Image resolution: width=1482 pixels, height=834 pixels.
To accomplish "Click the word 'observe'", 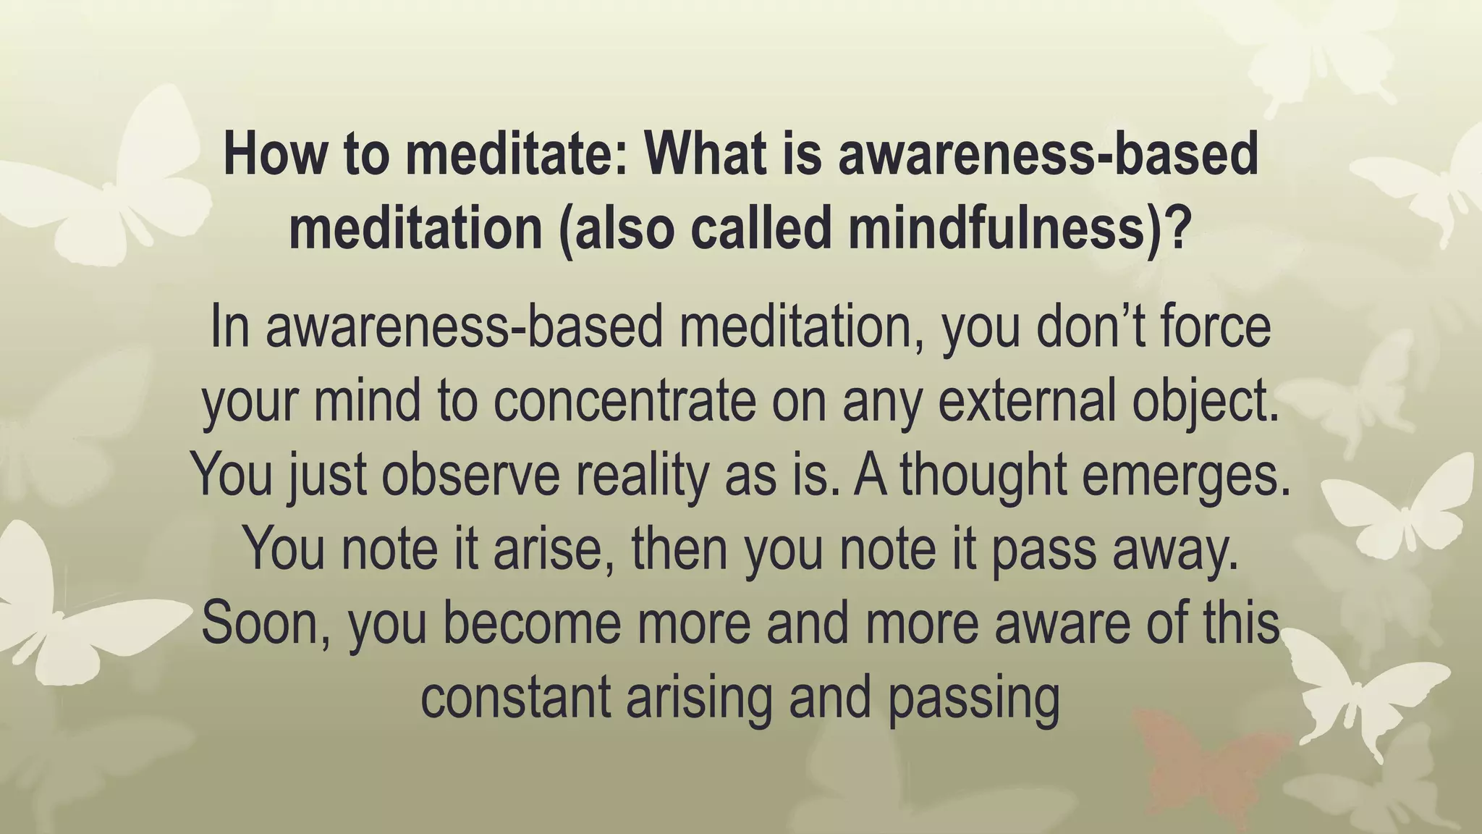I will (x=471, y=476).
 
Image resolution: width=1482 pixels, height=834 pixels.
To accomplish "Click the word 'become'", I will (x=531, y=623).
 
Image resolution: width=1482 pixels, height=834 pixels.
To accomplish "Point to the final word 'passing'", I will (x=973, y=699).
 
